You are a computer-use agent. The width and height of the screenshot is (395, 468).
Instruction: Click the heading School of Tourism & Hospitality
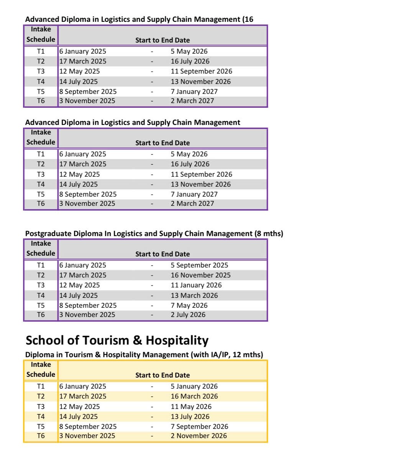pyautogui.click(x=117, y=340)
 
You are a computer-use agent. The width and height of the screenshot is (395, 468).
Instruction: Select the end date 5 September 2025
pyautogui.click(x=199, y=265)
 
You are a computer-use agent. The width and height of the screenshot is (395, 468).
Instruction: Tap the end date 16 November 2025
pyautogui.click(x=200, y=275)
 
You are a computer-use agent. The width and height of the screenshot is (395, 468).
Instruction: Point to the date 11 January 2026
pyautogui.click(x=196, y=285)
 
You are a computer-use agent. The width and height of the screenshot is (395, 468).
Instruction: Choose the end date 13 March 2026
pyautogui.click(x=194, y=296)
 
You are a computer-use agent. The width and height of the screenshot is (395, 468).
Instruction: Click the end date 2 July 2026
pyautogui.click(x=188, y=315)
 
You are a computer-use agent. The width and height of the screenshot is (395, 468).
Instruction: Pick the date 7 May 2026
pyautogui.click(x=189, y=305)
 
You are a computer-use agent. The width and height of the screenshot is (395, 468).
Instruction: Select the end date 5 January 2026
pyautogui.click(x=194, y=386)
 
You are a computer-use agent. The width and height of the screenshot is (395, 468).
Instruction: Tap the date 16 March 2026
pyautogui.click(x=194, y=396)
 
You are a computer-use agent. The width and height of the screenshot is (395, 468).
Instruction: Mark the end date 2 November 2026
pyautogui.click(x=198, y=436)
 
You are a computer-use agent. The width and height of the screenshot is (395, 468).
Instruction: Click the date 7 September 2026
pyautogui.click(x=199, y=427)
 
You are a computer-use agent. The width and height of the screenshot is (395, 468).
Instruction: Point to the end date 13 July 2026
pyautogui.click(x=190, y=417)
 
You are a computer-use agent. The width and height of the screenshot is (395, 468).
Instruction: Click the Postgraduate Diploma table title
pyautogui.click(x=154, y=233)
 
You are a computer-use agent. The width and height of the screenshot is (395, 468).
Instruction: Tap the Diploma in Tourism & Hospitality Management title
pyautogui.click(x=144, y=355)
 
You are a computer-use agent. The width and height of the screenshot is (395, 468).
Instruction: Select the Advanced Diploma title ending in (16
pyautogui.click(x=139, y=19)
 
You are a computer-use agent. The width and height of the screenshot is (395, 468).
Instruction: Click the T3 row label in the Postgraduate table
pyautogui.click(x=41, y=285)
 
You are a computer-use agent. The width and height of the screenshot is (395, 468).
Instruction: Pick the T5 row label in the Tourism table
pyautogui.click(x=41, y=427)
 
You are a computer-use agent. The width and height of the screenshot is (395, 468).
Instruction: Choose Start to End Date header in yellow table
pyautogui.click(x=162, y=375)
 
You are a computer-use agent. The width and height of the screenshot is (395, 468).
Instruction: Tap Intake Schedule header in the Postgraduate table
pyautogui.click(x=41, y=248)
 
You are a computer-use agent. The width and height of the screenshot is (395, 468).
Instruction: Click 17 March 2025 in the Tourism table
pyautogui.click(x=83, y=396)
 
